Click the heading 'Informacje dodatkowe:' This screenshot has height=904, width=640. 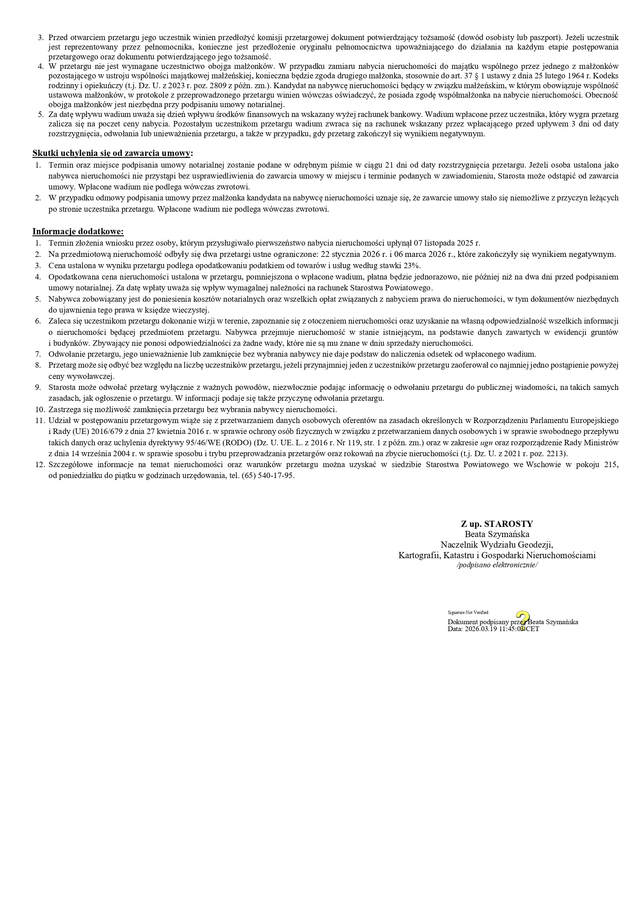tap(78, 231)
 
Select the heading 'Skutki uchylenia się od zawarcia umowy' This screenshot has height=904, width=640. tap(112, 153)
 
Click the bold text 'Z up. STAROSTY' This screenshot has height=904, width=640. tap(497, 524)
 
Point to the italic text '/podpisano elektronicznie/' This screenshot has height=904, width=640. tap(497, 565)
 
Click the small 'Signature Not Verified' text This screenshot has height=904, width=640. tap(468, 612)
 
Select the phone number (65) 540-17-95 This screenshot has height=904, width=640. tap(268, 476)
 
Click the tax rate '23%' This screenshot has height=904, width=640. tap(412, 265)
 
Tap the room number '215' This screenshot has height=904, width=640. tap(610, 465)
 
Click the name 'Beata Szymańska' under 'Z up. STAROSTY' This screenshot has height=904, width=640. tap(497, 534)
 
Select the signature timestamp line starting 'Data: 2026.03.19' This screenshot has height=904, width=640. tap(493, 629)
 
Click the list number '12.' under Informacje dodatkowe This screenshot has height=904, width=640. tap(40, 465)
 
